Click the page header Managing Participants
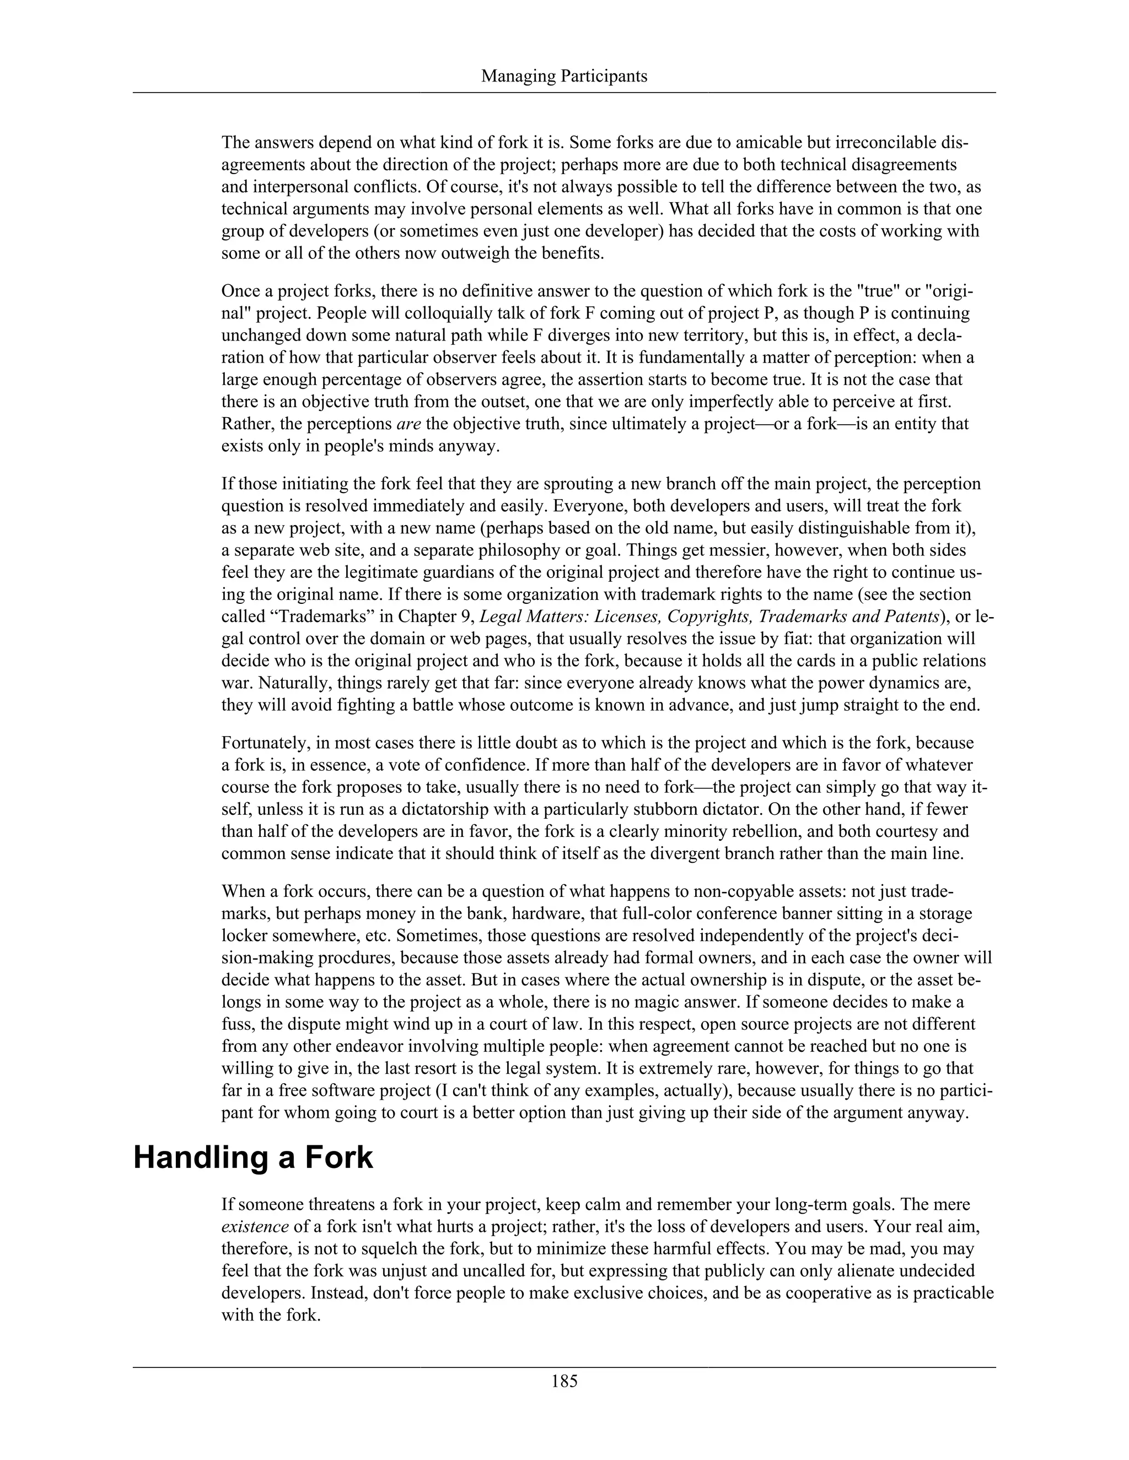(x=564, y=76)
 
